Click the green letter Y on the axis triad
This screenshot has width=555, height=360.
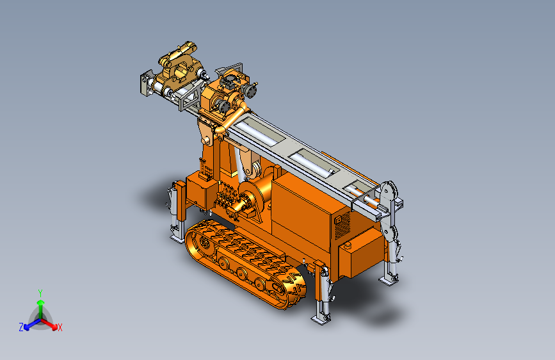click(x=40, y=293)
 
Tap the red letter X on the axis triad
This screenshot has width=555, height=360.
click(x=60, y=327)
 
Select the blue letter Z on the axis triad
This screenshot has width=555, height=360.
click(x=21, y=327)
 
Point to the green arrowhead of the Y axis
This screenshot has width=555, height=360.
click(x=41, y=302)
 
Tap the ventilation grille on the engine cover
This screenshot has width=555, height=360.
click(x=342, y=225)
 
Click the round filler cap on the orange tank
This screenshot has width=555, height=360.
click(x=347, y=245)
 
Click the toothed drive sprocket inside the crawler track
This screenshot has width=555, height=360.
click(x=205, y=242)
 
